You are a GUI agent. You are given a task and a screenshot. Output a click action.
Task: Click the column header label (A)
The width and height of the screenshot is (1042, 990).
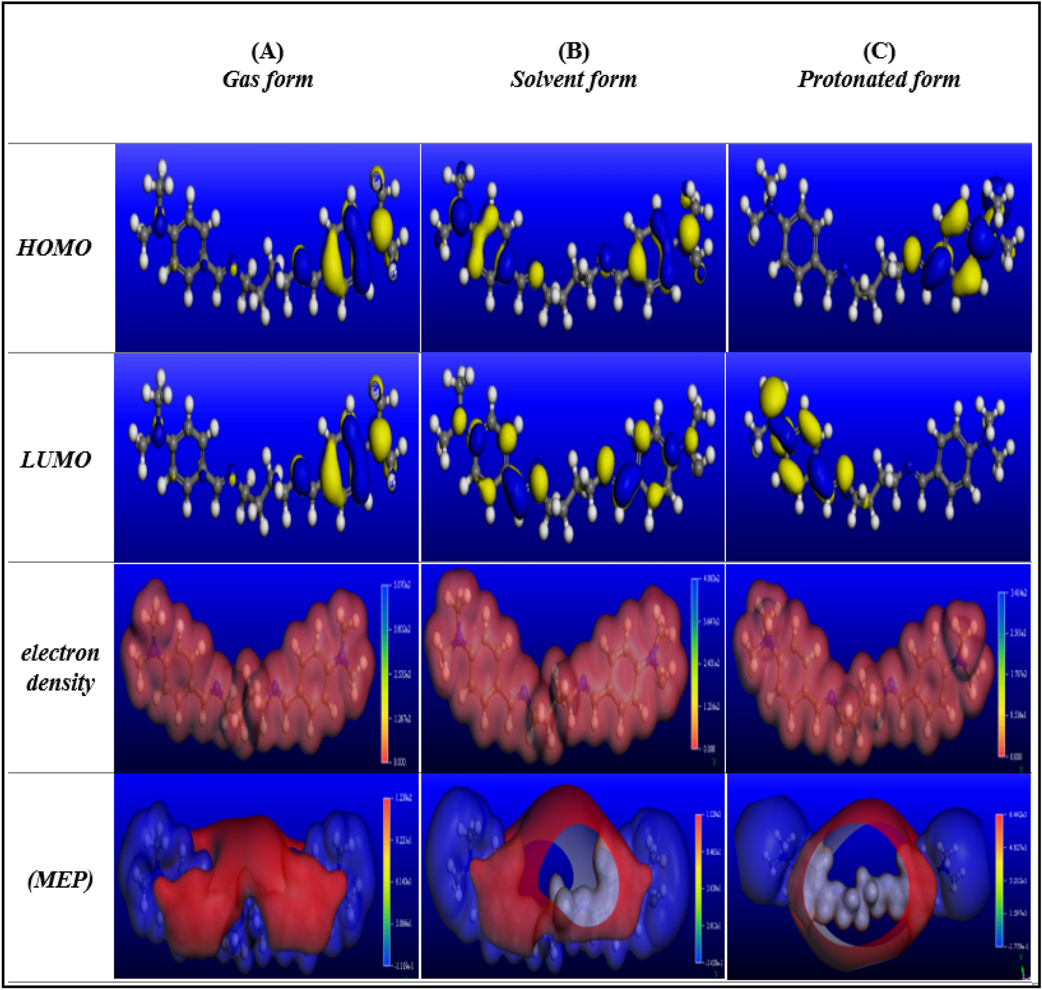pos(267,52)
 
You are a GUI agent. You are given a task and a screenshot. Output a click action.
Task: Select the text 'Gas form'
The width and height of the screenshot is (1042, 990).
pos(268,80)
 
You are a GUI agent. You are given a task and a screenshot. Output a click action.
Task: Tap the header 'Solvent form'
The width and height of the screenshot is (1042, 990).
pos(573,80)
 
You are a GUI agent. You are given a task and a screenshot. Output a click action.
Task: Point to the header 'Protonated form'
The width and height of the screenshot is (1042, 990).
pos(879,80)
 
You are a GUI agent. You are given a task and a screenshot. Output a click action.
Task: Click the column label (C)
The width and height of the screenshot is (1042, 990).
pos(879,52)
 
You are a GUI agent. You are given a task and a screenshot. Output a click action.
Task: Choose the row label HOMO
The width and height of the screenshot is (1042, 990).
pos(54,248)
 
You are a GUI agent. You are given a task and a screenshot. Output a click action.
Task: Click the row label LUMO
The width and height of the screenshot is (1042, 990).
pos(56,460)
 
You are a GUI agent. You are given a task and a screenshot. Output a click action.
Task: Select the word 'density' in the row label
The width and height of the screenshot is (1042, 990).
pos(60,683)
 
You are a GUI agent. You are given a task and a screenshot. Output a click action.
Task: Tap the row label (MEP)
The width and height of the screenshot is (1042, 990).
pos(60,880)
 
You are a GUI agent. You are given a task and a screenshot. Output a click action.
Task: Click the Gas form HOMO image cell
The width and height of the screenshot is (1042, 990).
pos(267,247)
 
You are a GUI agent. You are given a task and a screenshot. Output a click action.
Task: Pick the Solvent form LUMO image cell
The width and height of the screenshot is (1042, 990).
pos(573,458)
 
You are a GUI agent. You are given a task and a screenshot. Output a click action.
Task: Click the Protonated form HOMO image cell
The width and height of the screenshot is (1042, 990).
pos(880,247)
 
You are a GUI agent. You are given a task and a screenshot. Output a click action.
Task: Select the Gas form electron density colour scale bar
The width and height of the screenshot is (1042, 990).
pos(385,673)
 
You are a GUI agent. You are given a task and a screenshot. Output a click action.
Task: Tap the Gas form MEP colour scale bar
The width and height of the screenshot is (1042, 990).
pos(387,881)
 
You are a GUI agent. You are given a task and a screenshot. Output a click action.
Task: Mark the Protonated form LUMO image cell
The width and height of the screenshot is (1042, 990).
pos(878,458)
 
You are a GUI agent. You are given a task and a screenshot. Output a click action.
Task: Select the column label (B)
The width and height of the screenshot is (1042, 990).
pos(573,52)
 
